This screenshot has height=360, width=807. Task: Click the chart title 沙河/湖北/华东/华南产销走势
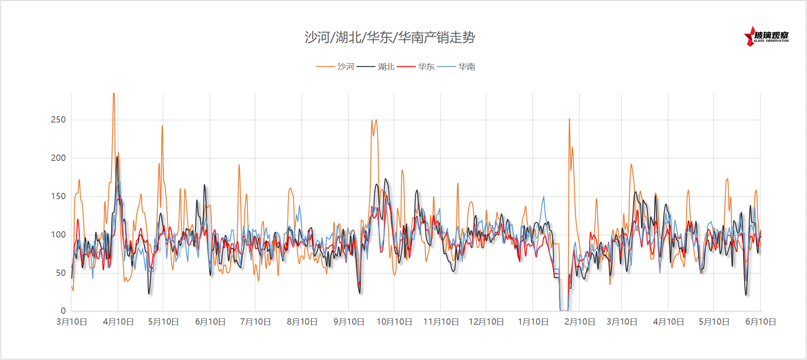coord(390,37)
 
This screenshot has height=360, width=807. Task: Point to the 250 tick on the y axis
coord(58,120)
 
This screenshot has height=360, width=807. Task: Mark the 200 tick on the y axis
coord(58,158)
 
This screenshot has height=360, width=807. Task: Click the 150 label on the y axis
coord(58,197)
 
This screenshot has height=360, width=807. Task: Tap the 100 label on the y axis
coord(58,235)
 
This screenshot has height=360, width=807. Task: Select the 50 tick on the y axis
coord(61,273)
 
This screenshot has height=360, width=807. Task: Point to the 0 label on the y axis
coord(63,311)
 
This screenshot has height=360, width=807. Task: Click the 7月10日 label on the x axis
coord(256,322)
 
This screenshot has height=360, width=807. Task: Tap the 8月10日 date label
coord(302,322)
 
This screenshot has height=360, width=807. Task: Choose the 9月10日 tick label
coord(349,322)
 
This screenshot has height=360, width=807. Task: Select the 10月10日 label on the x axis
coord(394,322)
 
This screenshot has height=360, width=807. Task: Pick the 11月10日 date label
coord(441,322)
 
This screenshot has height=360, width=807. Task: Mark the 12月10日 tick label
coord(486,322)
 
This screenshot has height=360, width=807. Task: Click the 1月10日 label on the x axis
coord(533,322)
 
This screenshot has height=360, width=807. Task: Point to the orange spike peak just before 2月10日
coord(569,119)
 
